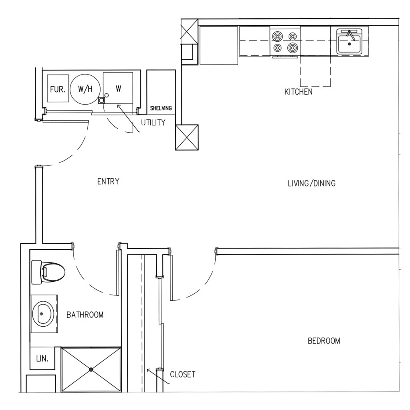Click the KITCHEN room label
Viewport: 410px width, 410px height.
point(298,92)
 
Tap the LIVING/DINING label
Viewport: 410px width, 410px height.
point(311,184)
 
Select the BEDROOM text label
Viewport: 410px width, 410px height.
point(324,341)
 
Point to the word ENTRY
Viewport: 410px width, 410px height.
point(108,182)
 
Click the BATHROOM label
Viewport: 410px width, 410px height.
point(85,315)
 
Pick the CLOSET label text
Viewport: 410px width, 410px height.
point(183,375)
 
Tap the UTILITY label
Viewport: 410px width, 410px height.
point(153,123)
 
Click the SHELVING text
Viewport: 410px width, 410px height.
point(161,108)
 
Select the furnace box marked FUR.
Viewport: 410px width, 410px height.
point(57,89)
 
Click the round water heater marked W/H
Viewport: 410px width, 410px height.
point(85,89)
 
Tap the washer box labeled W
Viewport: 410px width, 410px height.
point(118,88)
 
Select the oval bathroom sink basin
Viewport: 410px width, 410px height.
point(43,313)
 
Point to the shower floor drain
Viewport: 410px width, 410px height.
point(92,369)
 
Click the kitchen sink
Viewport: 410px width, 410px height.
point(349,42)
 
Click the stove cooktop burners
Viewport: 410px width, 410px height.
point(285,42)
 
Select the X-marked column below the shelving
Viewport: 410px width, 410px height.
point(187,137)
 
